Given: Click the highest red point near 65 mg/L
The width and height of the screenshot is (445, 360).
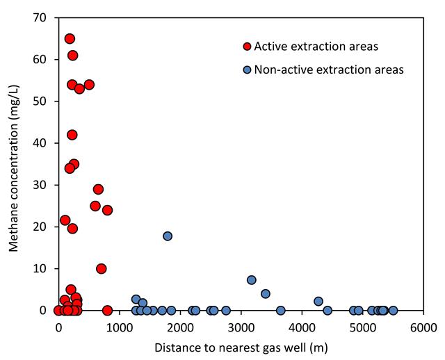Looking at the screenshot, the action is point(70,39).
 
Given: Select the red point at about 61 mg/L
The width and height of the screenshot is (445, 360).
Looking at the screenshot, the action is point(72,56).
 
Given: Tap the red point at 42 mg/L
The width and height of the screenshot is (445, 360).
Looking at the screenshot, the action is point(72,135).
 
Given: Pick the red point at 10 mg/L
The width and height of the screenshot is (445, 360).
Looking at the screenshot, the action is point(102,268).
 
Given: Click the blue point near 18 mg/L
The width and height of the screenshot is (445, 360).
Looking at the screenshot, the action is point(168,236).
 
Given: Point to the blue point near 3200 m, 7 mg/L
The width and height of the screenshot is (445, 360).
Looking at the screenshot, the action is point(252,280).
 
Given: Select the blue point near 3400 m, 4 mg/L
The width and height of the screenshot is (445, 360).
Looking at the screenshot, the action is point(266,293).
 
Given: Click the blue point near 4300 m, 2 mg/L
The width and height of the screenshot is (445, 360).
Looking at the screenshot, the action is point(318,302).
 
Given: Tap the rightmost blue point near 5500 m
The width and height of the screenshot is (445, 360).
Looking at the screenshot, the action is point(393,311).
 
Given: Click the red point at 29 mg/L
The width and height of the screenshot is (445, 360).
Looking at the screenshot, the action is point(98,189).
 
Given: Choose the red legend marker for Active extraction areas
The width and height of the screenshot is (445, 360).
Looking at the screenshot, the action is point(248,47).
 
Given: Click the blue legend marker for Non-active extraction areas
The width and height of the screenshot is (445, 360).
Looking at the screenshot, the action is point(248,69).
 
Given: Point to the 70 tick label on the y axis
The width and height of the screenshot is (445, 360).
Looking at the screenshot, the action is point(40,17).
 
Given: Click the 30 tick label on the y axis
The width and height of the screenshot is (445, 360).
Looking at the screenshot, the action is point(40,185).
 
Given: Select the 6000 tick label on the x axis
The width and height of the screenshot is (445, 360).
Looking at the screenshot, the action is point(423,328).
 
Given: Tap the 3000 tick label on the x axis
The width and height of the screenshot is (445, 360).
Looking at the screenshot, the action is point(241,328).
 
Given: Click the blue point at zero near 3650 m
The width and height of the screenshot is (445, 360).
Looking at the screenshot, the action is point(280,311).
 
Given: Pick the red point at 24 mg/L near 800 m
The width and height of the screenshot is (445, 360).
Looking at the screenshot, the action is point(107,210).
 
